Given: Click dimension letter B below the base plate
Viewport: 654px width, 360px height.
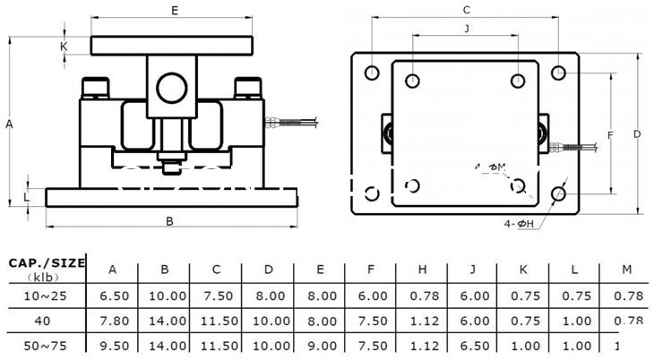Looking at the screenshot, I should [169, 220].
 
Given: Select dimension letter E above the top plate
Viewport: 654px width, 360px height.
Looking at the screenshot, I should [176, 11].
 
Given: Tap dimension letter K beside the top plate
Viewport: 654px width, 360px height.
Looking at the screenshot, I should [65, 46].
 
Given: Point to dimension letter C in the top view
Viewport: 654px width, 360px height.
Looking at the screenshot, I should [466, 10].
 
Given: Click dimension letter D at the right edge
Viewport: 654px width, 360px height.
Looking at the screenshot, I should [637, 133].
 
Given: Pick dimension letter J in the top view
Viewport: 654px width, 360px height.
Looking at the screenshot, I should [466, 29].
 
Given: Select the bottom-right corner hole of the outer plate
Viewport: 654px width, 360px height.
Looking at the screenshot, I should [559, 193].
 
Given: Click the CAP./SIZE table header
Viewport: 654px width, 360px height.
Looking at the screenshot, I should [47, 262].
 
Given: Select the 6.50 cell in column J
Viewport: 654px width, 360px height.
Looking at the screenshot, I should [474, 345].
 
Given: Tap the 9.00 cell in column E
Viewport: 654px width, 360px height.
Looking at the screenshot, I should [319, 345].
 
